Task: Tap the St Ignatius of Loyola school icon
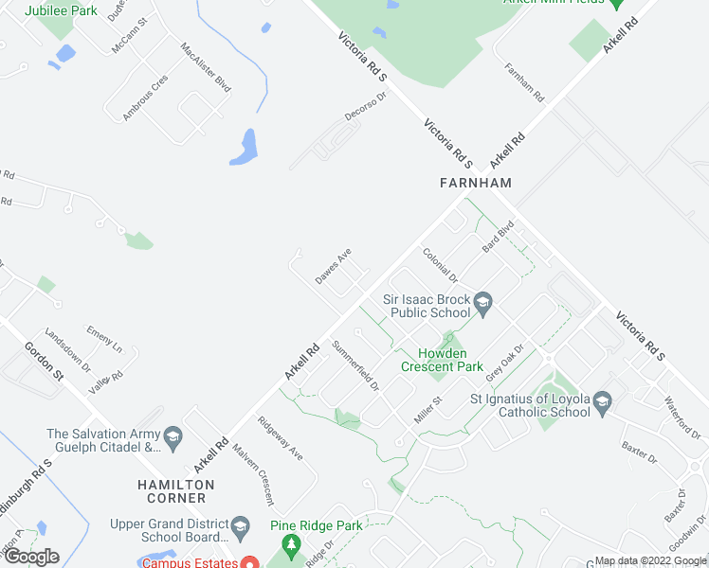tap(602, 405)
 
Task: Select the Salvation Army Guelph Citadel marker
tap(173, 436)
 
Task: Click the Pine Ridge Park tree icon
tap(291, 544)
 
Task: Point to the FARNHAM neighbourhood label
tap(476, 183)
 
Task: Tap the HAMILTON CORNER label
tap(174, 490)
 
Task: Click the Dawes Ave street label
tap(334, 266)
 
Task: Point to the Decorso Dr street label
tap(367, 107)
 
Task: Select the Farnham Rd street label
tap(525, 83)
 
